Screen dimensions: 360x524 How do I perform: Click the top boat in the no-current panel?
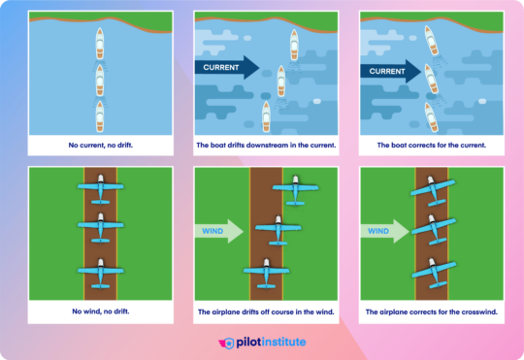[101, 42]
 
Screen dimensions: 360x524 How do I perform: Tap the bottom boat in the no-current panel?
[101, 115]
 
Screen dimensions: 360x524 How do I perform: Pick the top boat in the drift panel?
[293, 43]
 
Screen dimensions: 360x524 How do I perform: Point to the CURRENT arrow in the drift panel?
[227, 68]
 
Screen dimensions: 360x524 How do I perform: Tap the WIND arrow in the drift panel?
[218, 232]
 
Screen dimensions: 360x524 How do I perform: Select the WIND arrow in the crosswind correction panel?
[382, 232]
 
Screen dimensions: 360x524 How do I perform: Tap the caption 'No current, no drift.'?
[101, 146]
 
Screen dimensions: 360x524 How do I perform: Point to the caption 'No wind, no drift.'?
[101, 312]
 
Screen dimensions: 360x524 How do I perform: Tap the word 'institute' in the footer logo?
[286, 343]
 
